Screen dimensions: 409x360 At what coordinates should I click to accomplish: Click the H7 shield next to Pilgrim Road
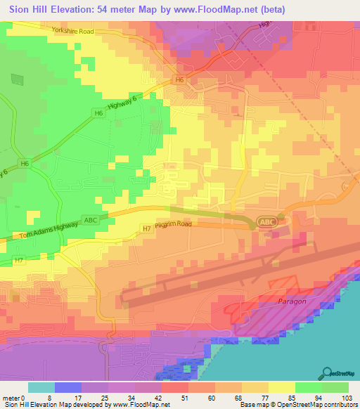tap(146, 228)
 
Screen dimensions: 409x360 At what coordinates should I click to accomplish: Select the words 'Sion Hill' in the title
tap(28, 9)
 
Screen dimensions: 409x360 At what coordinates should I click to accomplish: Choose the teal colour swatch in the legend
tap(41, 387)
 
